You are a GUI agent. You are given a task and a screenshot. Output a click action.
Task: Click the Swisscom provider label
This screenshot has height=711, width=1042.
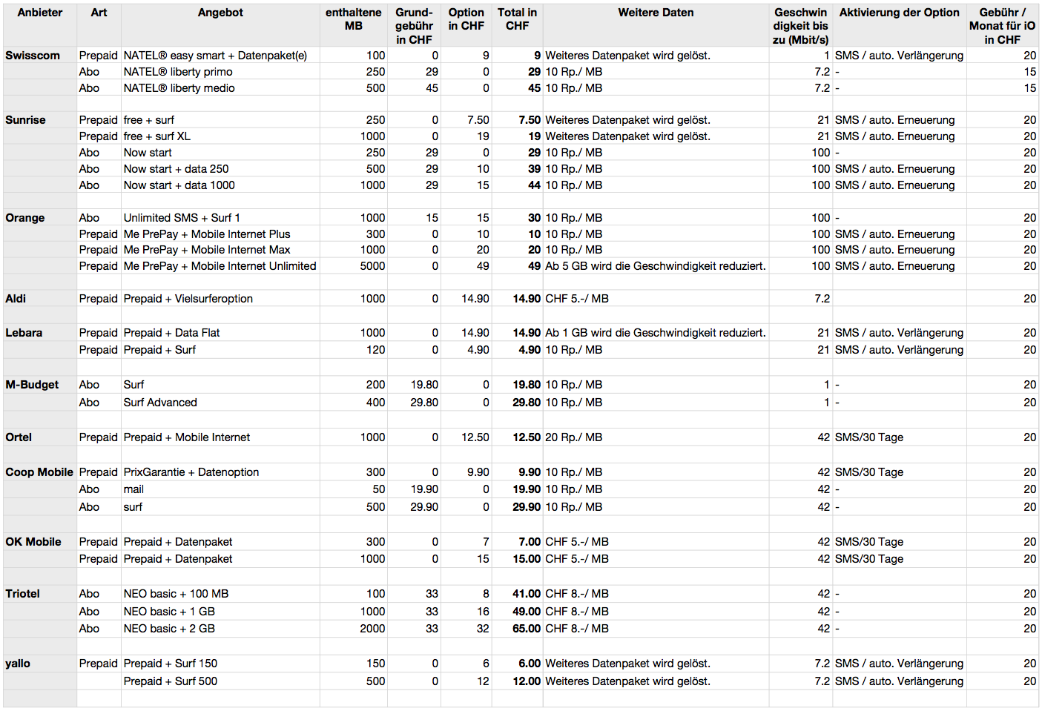click(33, 56)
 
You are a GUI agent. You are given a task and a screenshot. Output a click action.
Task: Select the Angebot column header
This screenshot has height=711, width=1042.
click(220, 13)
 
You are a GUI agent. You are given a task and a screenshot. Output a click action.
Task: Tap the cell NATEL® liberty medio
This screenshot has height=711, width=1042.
click(179, 88)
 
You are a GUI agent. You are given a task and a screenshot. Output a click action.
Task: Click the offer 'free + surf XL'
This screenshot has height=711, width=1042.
click(156, 136)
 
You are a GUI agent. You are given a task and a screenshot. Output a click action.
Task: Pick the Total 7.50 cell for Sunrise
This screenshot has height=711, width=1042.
click(529, 120)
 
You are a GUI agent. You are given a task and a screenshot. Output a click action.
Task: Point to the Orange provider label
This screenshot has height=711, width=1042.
click(25, 218)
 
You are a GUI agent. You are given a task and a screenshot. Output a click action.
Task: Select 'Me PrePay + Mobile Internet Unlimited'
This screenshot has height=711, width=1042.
click(220, 266)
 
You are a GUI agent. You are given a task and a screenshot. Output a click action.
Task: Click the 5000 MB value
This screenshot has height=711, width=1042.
click(372, 266)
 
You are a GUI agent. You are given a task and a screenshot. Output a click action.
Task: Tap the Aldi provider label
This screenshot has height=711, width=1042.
click(16, 299)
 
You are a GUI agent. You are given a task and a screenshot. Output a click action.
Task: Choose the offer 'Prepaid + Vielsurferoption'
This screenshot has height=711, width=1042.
click(188, 299)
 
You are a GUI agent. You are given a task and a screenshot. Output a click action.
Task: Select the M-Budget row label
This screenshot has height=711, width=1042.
click(32, 385)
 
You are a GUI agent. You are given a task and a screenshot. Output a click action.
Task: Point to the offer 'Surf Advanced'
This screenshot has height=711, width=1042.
click(160, 403)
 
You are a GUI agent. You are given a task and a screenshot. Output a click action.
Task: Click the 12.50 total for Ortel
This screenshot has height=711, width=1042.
click(526, 437)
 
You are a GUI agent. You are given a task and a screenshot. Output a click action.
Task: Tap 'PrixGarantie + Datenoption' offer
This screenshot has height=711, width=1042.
click(191, 472)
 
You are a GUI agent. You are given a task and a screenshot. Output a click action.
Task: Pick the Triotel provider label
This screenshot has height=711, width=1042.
click(23, 594)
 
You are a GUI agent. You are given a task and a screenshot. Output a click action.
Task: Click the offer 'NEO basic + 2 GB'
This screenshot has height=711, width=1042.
click(169, 629)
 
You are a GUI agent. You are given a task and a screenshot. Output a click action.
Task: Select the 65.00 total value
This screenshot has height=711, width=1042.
click(526, 629)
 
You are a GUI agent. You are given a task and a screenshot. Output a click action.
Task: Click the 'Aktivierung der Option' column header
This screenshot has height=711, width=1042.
click(899, 13)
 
